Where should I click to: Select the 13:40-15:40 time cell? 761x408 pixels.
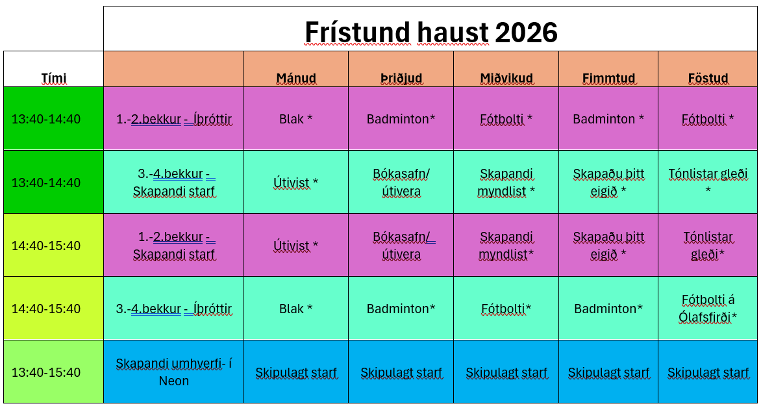tap(46, 372)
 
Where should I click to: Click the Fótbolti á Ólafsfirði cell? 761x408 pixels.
tap(708, 309)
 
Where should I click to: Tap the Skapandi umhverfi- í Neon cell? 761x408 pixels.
tap(174, 372)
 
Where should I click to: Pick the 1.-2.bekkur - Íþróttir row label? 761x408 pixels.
tap(174, 119)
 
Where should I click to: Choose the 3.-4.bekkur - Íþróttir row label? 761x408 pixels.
tap(174, 309)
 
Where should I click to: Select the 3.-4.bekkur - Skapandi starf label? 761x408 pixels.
tap(174, 183)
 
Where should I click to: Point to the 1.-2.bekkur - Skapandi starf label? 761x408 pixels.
tap(174, 246)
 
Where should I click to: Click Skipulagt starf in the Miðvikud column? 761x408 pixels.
tap(506, 373)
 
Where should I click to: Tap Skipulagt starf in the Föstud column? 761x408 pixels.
tap(708, 373)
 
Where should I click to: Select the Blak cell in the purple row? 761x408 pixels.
tap(296, 119)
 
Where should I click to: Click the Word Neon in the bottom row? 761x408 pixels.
tap(174, 380)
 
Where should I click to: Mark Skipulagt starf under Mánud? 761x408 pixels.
tap(296, 373)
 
